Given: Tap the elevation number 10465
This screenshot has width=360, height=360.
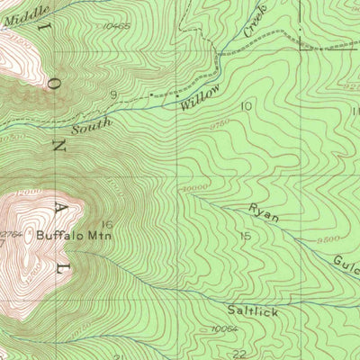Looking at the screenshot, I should (x=117, y=27).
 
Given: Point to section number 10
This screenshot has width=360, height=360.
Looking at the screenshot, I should (x=246, y=106).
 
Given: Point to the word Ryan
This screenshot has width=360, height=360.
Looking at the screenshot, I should (x=264, y=212).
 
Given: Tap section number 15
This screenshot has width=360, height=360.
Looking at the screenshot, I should (x=244, y=236).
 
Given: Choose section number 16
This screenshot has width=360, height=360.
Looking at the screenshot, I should (x=107, y=224).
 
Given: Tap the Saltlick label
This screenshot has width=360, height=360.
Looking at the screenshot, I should (x=252, y=311).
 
